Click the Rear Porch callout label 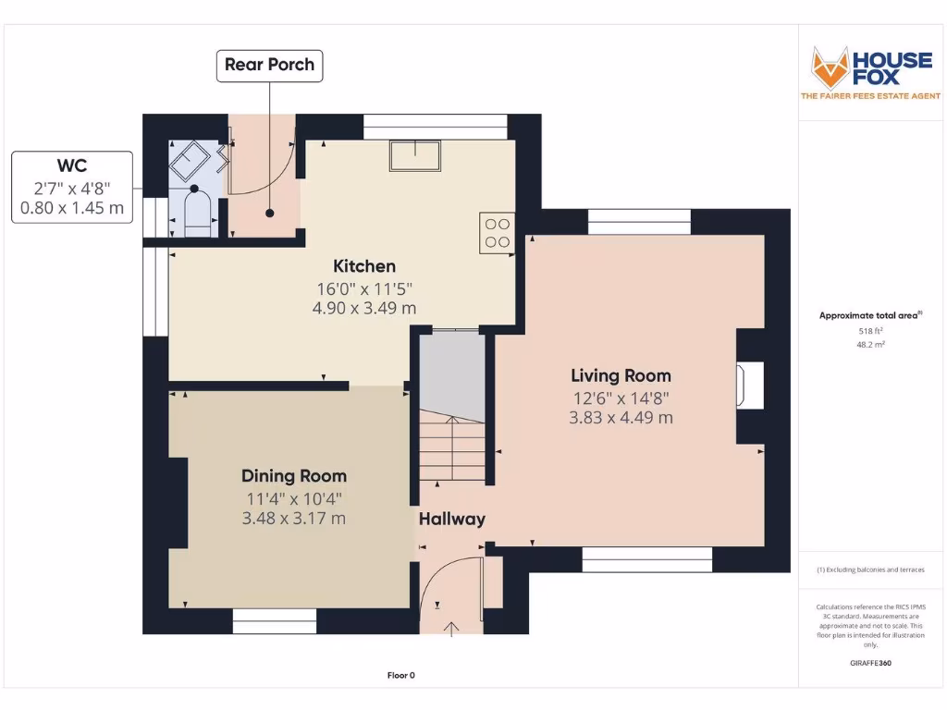(269, 66)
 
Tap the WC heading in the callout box (72, 165)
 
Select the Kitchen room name (364, 266)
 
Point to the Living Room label (621, 375)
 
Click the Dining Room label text (294, 476)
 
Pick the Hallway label (451, 520)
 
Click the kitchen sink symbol (415, 155)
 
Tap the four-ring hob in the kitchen (497, 233)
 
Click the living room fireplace (750, 386)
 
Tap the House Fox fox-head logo (830, 67)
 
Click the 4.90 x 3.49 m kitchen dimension (364, 308)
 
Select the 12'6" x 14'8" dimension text (621, 398)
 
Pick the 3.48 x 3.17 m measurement (294, 518)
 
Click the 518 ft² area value (870, 331)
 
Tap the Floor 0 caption (401, 676)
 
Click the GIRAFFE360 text (870, 663)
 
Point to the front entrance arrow (451, 629)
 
